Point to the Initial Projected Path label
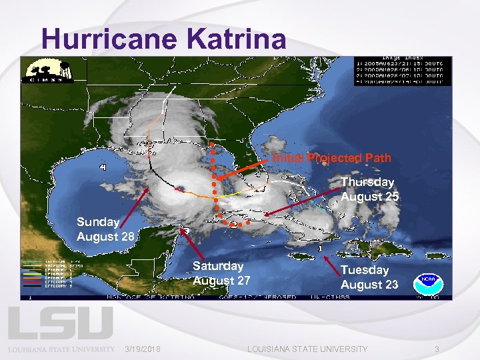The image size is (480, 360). (331, 159)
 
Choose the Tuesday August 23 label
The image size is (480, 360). (369, 277)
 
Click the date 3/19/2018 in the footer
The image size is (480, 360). (143, 349)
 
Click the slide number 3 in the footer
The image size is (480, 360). (437, 349)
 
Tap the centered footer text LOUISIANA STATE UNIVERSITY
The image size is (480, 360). (307, 349)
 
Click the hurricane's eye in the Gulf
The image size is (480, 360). (181, 186)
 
